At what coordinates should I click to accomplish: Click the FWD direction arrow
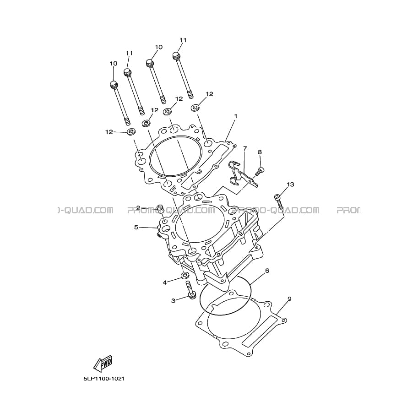pos(103,364)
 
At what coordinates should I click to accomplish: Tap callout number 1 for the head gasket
pos(235,116)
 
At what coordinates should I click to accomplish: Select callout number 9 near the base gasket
pos(289,299)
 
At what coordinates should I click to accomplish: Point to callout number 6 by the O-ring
pos(267,271)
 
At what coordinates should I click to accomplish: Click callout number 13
pos(290,184)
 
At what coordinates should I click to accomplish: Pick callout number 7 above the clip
pos(245,148)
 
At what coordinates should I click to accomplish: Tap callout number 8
pos(260,152)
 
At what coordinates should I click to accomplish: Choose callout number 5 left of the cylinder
pos(136,228)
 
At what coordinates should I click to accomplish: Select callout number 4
pos(165,282)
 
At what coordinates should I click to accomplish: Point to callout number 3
pos(173,301)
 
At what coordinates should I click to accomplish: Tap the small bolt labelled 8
pos(260,171)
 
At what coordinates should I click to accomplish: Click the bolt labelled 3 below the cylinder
pos(190,291)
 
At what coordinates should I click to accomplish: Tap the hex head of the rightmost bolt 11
pos(176,55)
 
